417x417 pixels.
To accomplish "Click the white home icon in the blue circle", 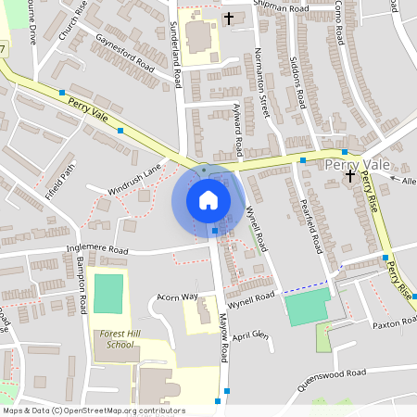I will (x=208, y=199).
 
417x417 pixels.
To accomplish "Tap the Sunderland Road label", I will (x=176, y=56).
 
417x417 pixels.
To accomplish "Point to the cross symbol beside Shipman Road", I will (x=229, y=18).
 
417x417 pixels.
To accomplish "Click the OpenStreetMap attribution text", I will (x=94, y=411).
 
